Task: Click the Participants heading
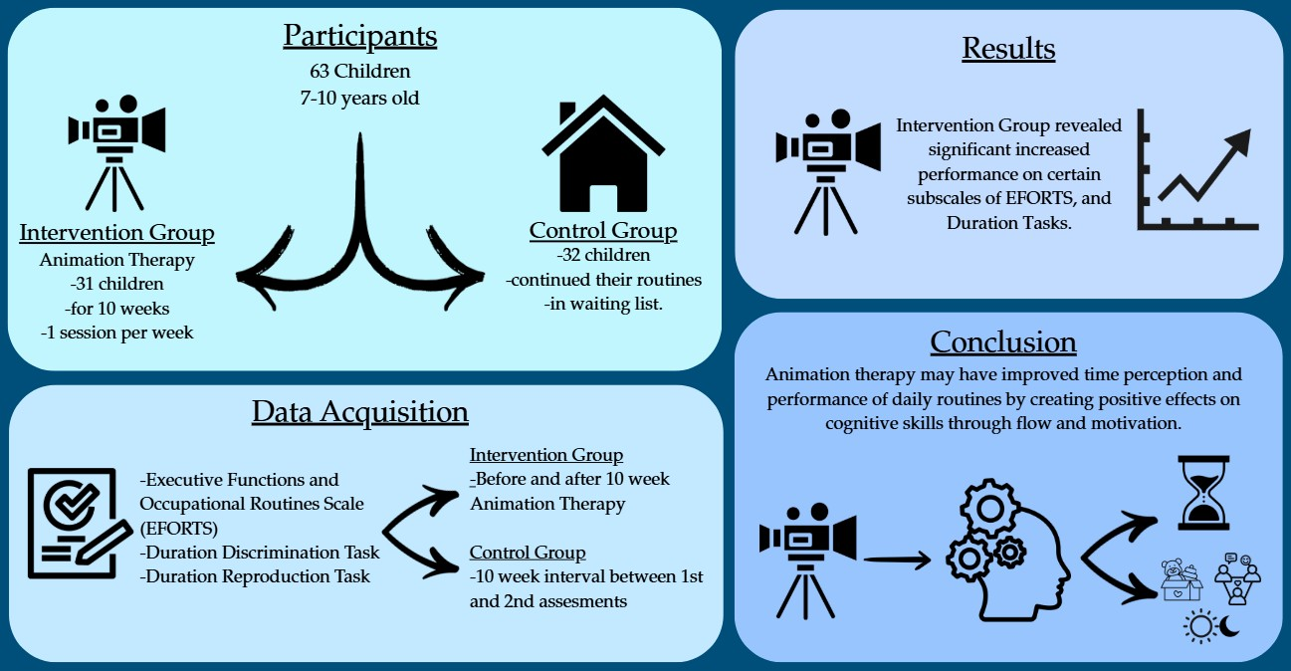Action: [359, 37]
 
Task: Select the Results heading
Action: [1008, 49]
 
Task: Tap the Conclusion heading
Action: [1003, 342]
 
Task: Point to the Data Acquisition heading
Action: [359, 412]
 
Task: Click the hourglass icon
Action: [1204, 492]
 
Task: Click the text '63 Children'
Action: [360, 74]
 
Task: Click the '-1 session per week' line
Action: [117, 333]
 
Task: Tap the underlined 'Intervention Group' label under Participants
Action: [117, 234]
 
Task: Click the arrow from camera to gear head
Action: [897, 560]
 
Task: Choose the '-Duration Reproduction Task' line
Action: [256, 575]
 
